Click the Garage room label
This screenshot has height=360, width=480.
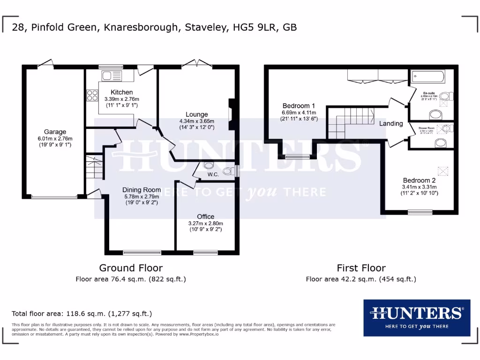(x=55, y=132)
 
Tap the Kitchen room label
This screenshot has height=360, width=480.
(x=122, y=92)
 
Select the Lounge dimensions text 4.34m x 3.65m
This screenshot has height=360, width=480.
(x=196, y=121)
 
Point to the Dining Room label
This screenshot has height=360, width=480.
(x=142, y=190)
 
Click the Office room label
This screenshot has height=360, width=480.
(x=205, y=217)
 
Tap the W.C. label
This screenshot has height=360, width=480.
(x=213, y=175)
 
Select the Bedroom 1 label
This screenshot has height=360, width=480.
(x=299, y=105)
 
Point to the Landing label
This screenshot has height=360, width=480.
(x=391, y=124)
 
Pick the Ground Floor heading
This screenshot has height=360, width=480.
(x=131, y=268)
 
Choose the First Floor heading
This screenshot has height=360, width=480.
(x=361, y=268)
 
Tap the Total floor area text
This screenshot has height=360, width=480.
(x=82, y=314)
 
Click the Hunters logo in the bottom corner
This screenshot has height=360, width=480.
(x=417, y=318)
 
